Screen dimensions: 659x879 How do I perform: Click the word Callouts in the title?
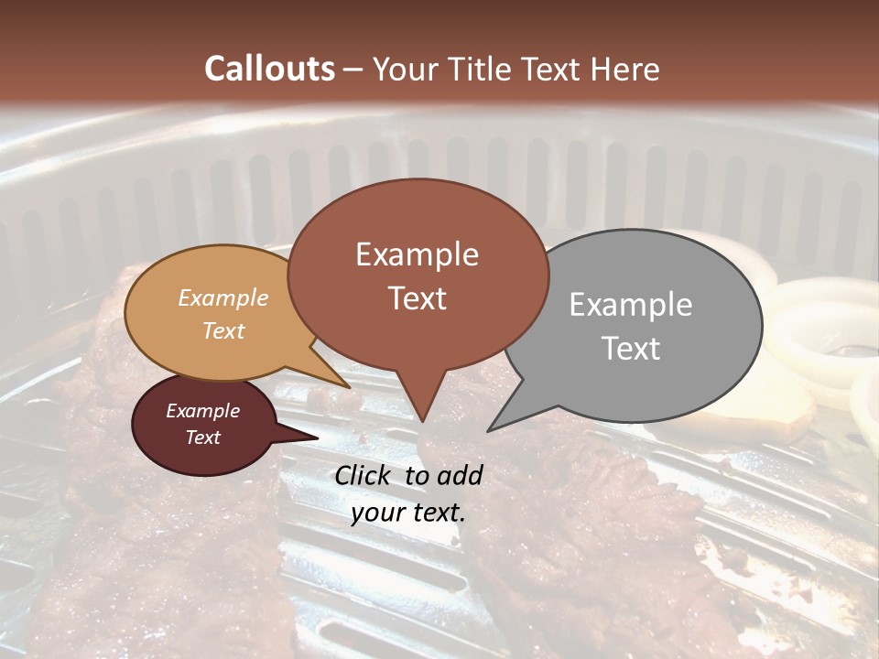269,69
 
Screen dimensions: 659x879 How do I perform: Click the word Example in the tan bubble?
223,297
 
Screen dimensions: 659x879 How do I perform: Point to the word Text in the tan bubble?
223,330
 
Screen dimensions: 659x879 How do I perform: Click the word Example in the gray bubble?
631,305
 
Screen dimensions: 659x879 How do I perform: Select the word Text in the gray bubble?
631,348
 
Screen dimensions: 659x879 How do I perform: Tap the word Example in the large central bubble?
417,254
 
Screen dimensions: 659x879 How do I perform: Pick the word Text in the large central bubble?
417,298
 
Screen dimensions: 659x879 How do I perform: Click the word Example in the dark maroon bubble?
203,411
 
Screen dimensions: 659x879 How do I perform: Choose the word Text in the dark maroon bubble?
203,438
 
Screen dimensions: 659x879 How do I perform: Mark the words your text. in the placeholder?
408,513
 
